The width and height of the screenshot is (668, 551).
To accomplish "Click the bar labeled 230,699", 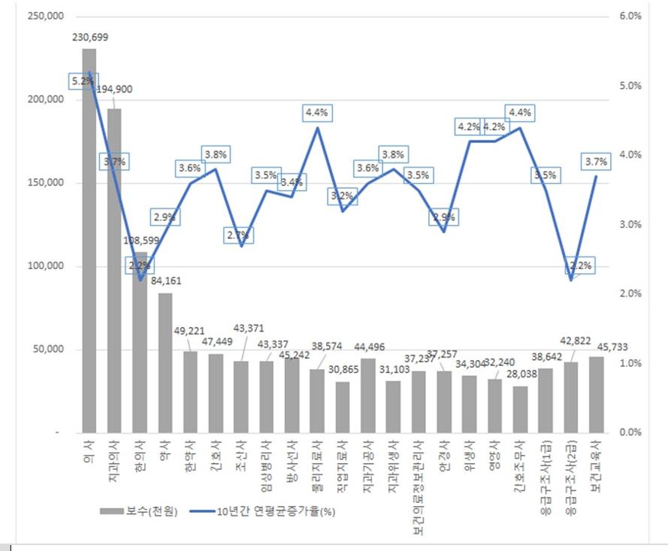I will coord(89,241).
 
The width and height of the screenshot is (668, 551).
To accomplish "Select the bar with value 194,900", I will coord(114,271).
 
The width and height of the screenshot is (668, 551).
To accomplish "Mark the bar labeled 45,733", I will coord(596,395).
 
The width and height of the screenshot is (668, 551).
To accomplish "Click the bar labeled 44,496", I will coord(367,395).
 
